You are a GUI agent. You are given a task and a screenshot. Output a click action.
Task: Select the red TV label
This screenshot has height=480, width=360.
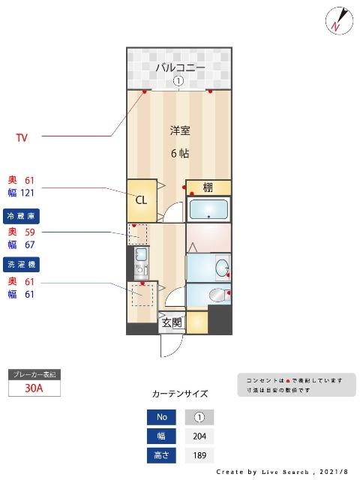[22, 137]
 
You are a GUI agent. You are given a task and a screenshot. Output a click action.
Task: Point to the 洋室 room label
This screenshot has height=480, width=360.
[179, 130]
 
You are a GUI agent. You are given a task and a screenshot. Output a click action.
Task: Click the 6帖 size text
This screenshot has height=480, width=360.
[179, 154]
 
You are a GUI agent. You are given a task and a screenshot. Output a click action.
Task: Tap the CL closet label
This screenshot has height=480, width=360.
[141, 199]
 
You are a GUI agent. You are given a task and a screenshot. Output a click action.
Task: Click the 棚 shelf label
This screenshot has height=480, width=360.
[208, 187]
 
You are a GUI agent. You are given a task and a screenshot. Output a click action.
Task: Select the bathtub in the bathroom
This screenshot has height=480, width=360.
[208, 209]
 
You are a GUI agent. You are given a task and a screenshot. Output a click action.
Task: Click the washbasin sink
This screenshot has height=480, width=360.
[222, 268]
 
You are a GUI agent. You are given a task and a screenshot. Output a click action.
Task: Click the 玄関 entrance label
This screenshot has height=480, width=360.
[171, 323]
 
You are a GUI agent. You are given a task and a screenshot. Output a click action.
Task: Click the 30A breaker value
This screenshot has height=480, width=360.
[34, 388]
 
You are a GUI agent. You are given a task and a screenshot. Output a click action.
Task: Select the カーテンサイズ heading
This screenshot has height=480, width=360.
[180, 394]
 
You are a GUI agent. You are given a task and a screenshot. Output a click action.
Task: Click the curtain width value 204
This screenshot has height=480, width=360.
[199, 436]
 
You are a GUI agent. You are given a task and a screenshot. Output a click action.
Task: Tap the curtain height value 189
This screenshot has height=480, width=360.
[199, 455]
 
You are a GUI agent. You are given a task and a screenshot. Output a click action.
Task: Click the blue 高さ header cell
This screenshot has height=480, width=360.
[162, 455]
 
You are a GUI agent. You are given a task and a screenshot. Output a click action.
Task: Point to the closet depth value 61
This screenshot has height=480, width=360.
[30, 180]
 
